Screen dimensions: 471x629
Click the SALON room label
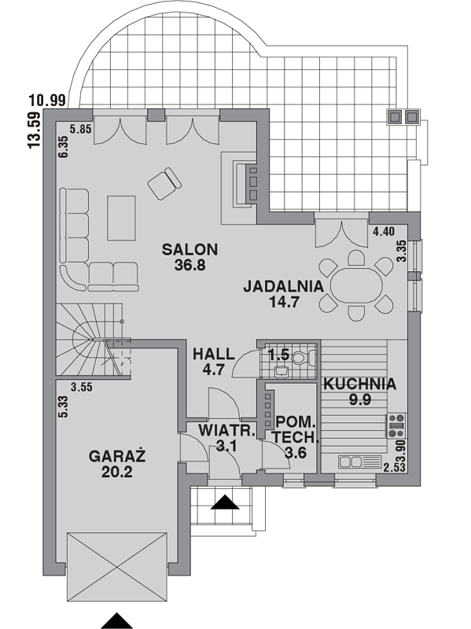190,249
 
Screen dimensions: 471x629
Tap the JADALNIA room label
284,286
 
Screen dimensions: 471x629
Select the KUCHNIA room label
360,384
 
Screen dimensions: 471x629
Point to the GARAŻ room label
116,457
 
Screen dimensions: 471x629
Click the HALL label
213,355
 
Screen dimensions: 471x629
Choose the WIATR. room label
227,430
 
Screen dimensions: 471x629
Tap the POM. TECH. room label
296,429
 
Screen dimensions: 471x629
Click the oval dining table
356,286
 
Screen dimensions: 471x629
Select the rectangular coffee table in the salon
121,218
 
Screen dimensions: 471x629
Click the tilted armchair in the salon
164,184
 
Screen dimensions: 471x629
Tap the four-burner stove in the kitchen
396,425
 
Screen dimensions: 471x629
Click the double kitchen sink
359,462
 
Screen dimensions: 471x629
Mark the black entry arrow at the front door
225,502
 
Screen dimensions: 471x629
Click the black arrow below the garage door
116,621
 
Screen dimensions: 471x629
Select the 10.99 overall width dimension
47,101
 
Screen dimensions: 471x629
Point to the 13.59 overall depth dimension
35,130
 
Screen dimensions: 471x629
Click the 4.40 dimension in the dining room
384,231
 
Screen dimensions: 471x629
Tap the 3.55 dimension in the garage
82,387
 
